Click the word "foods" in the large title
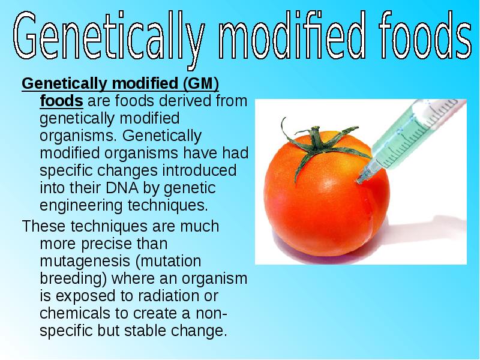coord(425,35)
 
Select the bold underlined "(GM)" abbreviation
coord(201,83)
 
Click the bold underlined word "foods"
coord(61,100)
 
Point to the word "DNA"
coord(122,188)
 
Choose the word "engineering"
coord(81,206)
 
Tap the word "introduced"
coord(199,170)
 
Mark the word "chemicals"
coord(75,313)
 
